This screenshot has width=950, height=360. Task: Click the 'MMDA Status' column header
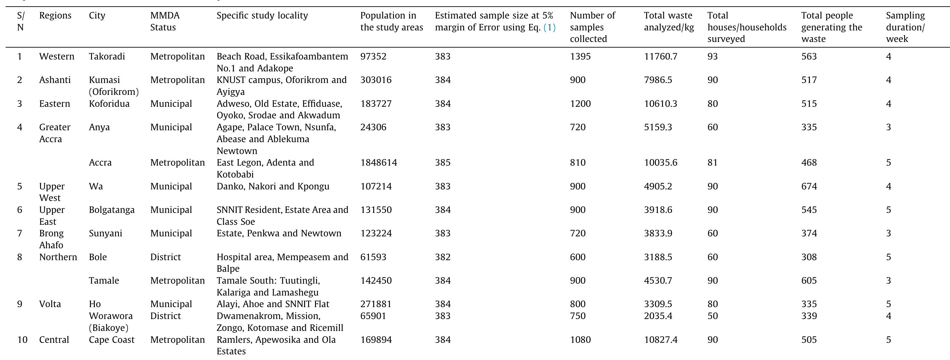(165, 21)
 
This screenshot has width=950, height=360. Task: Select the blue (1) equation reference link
(549, 27)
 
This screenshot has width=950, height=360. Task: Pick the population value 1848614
(378, 163)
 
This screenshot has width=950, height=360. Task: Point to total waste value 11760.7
(660, 57)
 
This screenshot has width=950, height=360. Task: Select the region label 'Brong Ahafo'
(51, 239)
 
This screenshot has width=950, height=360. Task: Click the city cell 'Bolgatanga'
(111, 210)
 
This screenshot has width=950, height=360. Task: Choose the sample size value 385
(442, 163)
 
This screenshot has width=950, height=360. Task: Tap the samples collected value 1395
(580, 57)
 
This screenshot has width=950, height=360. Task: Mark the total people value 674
(809, 186)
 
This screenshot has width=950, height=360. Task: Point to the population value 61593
(373, 257)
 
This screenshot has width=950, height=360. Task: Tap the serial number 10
(22, 340)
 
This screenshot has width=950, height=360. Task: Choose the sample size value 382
(442, 257)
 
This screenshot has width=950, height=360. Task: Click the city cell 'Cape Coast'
(111, 340)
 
